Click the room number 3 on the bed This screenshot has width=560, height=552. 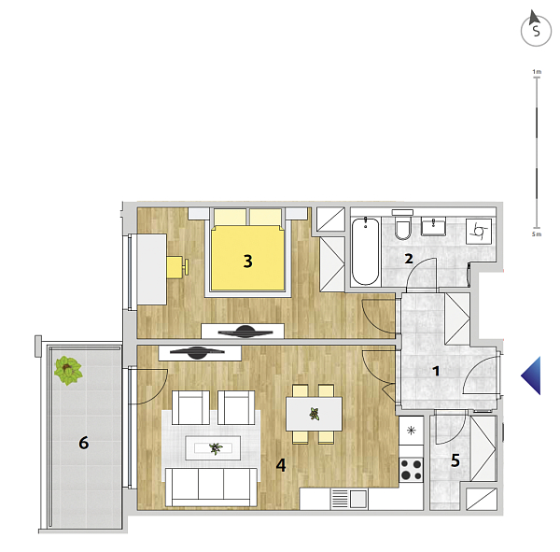[x=248, y=262]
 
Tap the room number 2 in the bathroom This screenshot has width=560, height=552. [x=409, y=259]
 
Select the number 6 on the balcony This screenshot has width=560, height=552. [x=84, y=443]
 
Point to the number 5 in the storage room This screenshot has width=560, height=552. [x=455, y=460]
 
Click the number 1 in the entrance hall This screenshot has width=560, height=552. [x=436, y=371]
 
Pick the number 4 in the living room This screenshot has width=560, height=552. [x=281, y=465]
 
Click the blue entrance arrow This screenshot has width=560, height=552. [x=531, y=375]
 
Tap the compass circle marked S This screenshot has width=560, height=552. [x=536, y=31]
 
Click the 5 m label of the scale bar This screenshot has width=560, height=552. [x=537, y=234]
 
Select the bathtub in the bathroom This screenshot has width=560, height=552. [x=365, y=251]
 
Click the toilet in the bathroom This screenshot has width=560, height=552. [x=403, y=225]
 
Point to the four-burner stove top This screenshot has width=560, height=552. [x=411, y=470]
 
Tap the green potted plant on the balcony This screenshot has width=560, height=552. [x=68, y=371]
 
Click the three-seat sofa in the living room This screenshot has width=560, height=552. [x=211, y=488]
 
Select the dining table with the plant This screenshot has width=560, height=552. [x=314, y=414]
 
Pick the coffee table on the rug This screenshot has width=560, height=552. [x=213, y=448]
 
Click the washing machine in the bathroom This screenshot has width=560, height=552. [x=479, y=232]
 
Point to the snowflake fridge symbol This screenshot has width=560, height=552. [x=411, y=430]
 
